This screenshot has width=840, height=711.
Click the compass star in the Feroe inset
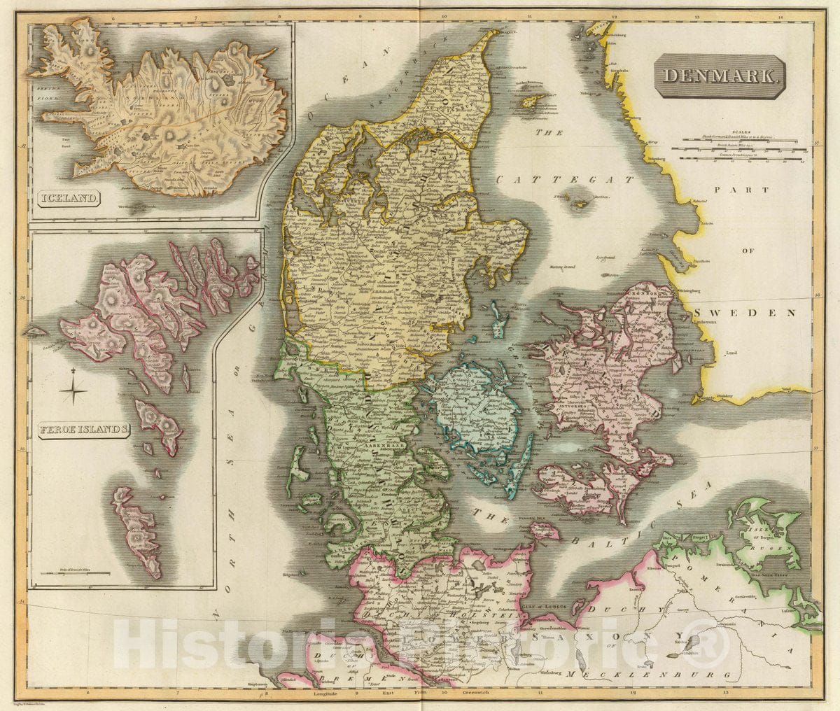click(73, 390)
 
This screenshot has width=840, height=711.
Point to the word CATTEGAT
click(565, 180)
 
